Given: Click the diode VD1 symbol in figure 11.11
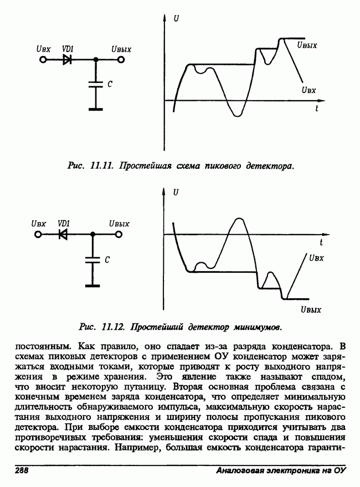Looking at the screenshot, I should click(x=67, y=59).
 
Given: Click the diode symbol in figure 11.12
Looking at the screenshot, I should click(x=63, y=234).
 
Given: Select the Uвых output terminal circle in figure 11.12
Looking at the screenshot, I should click(x=118, y=234).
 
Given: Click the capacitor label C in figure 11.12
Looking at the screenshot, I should click(x=107, y=259).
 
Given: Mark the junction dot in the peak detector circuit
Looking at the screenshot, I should click(x=96, y=59).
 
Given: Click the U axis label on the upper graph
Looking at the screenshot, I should click(x=176, y=19).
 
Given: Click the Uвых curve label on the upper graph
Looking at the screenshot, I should click(x=307, y=45).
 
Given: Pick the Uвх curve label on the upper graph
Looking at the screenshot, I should click(x=308, y=89).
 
